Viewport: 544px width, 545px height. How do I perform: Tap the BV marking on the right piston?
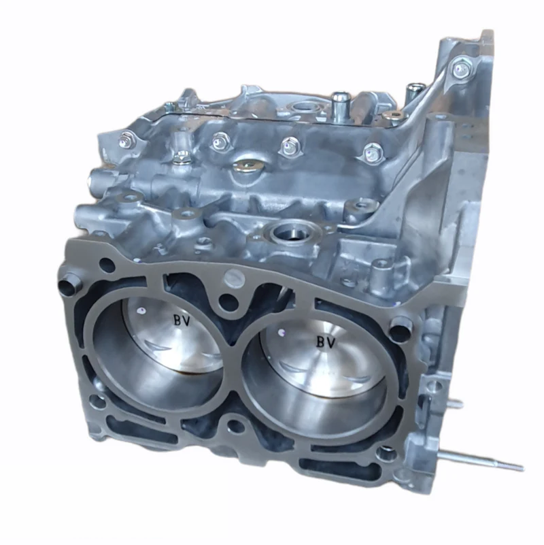click(326, 342)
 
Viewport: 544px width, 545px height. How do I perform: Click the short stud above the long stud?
click(454, 403)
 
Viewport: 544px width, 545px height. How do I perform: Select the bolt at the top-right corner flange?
click(462, 70)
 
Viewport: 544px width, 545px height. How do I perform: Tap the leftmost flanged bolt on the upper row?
click(126, 141)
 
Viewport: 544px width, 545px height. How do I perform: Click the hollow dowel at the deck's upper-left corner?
click(69, 284)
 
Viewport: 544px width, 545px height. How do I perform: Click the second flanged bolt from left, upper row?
click(219, 142)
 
